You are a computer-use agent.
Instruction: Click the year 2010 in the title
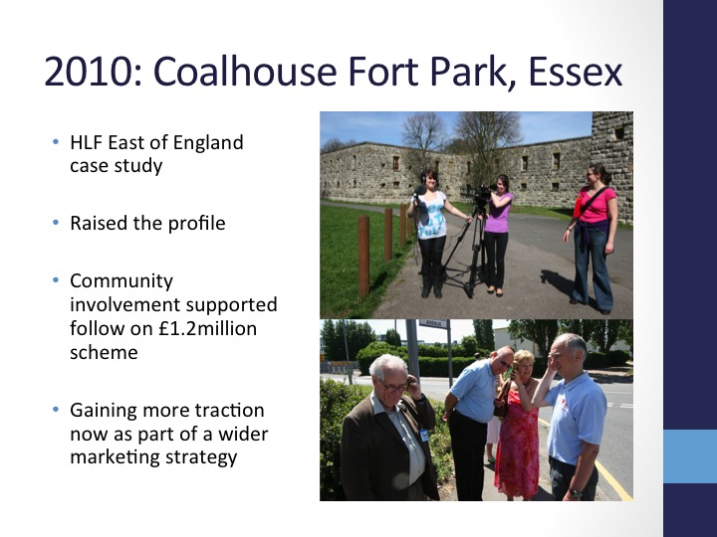pyautogui.click(x=90, y=72)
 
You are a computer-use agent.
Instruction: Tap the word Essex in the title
pyautogui.click(x=576, y=73)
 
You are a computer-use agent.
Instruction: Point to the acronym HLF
pyautogui.click(x=87, y=142)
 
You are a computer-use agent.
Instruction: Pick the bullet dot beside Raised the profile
pyautogui.click(x=56, y=223)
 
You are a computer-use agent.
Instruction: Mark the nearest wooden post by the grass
pyautogui.click(x=363, y=256)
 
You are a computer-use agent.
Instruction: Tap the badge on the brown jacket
pyautogui.click(x=423, y=436)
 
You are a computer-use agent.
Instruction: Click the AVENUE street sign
pyautogui.click(x=432, y=323)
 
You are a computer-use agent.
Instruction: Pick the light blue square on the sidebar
pyautogui.click(x=690, y=456)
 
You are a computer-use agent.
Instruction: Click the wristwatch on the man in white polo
pyautogui.click(x=575, y=493)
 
